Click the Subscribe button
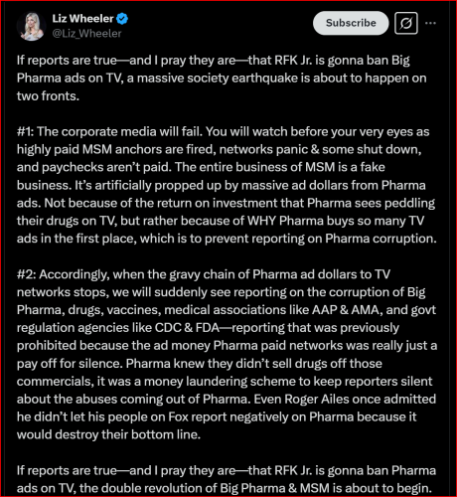[350, 22]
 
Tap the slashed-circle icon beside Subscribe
[405, 22]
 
